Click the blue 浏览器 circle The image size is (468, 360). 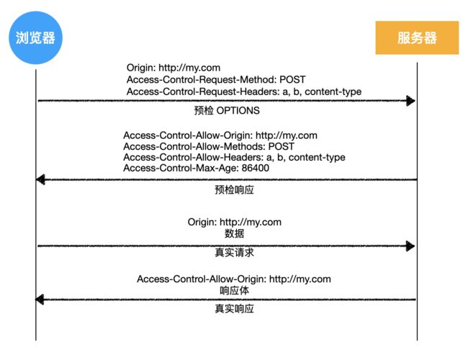point(35,37)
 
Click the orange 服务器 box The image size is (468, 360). point(417,37)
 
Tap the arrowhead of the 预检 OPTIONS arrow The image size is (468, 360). point(410,101)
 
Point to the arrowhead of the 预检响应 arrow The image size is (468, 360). point(40,179)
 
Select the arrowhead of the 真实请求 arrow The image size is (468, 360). point(410,246)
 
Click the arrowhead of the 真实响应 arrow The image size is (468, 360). point(40,300)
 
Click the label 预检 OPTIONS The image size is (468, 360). point(227,111)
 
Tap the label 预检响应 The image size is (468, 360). point(234,190)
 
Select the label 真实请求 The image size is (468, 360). point(234,253)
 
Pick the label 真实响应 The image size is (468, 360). point(234,309)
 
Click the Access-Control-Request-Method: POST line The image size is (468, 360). point(216,80)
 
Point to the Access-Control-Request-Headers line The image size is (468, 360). point(244,91)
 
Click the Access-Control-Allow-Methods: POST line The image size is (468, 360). point(209,146)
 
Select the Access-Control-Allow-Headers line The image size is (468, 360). point(234,157)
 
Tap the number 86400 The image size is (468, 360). point(255,168)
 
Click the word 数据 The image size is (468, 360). point(234,233)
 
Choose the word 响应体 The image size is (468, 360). point(234,290)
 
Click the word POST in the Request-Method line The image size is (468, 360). point(292,80)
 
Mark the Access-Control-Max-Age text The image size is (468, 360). point(181,168)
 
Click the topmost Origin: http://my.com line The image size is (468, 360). point(174,68)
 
